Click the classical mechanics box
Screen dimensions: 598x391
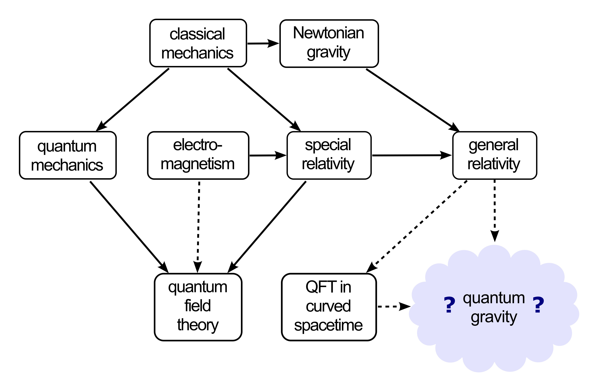tap(198, 43)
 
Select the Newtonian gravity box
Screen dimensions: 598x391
tap(329, 43)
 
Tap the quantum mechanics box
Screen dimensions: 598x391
tap(68, 155)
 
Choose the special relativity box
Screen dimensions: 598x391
tap(329, 155)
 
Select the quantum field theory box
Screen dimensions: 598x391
tap(198, 307)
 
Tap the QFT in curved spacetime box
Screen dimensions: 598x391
tap(329, 307)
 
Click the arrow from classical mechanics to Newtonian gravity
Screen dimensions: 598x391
tap(263, 43)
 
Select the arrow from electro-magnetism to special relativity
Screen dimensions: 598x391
tap(268, 155)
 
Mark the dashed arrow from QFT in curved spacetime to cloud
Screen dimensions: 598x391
tap(394, 307)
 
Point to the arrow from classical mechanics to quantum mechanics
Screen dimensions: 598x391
tap(132, 100)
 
